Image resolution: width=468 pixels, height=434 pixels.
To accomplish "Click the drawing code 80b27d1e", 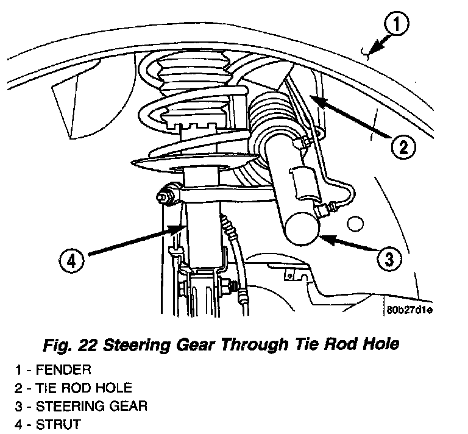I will click(x=408, y=311).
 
